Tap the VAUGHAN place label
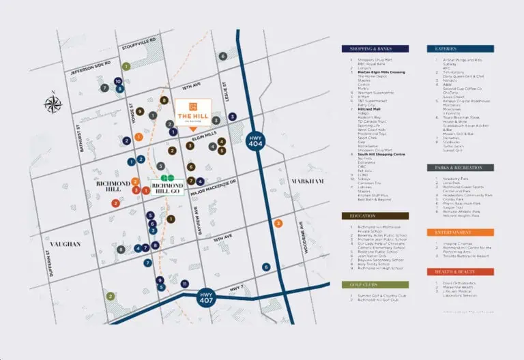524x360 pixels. point(65,243)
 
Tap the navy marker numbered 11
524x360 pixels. point(185,284)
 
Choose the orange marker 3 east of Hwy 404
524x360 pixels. point(278,224)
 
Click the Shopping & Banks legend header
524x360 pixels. point(375,49)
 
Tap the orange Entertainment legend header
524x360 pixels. point(460,232)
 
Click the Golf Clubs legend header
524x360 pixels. point(375,284)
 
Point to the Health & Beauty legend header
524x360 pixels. point(460,271)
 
